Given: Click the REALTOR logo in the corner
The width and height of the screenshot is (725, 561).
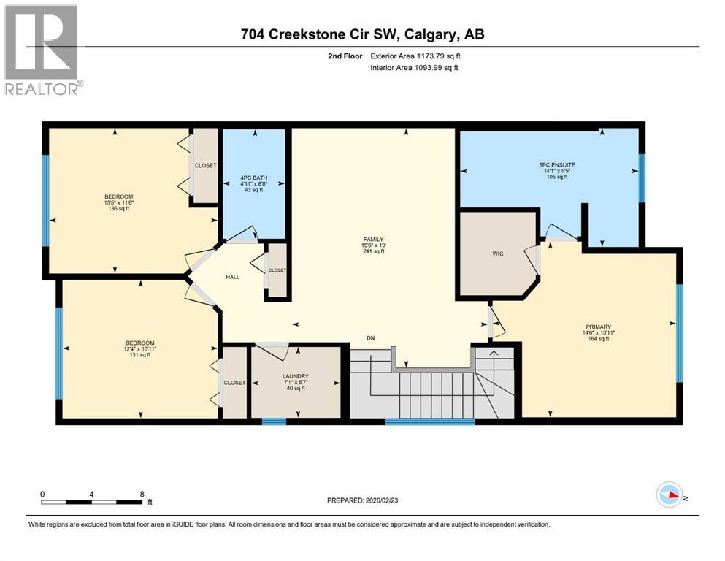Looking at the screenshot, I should pyautogui.click(x=41, y=50).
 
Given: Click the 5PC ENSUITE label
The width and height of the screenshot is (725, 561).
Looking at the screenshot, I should pyautogui.click(x=553, y=165).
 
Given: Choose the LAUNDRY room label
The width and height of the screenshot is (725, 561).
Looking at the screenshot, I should pyautogui.click(x=296, y=378).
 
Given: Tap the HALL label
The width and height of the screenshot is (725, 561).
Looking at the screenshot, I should pyautogui.click(x=233, y=277).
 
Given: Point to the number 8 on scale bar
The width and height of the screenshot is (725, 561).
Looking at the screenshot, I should pyautogui.click(x=142, y=494).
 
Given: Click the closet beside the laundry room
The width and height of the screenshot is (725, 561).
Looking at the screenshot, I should pyautogui.click(x=235, y=383).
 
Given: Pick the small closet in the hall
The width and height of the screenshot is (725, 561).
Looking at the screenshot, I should pyautogui.click(x=277, y=270).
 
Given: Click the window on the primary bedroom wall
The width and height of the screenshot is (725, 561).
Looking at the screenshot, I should pyautogui.click(x=679, y=333).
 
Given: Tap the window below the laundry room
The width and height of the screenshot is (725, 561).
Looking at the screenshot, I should pyautogui.click(x=274, y=421).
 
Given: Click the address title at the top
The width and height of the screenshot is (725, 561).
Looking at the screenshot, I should pyautogui.click(x=364, y=34).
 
